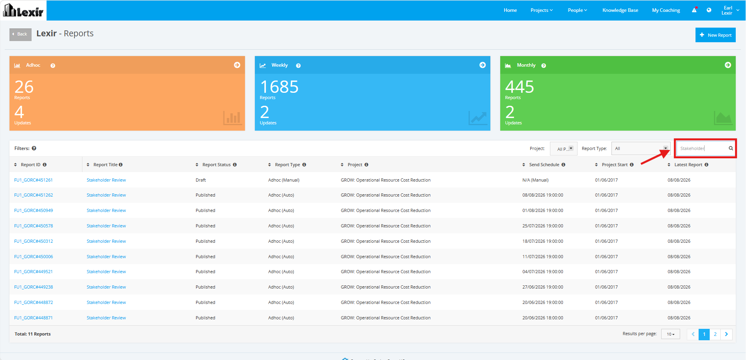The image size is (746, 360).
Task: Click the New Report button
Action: pyautogui.click(x=715, y=35)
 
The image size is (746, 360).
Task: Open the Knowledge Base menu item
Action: pyautogui.click(x=620, y=10)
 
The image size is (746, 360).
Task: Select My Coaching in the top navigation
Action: pyautogui.click(x=666, y=10)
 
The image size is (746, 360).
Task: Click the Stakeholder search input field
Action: pyautogui.click(x=702, y=148)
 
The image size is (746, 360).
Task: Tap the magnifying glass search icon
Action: pyautogui.click(x=731, y=148)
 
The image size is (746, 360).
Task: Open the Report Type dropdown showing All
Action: pyautogui.click(x=641, y=148)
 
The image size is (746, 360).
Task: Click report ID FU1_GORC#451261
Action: pyautogui.click(x=34, y=180)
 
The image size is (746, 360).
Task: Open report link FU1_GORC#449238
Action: pyautogui.click(x=34, y=287)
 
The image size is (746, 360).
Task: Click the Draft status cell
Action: pyautogui.click(x=201, y=180)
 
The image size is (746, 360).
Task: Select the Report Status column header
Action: pyautogui.click(x=216, y=165)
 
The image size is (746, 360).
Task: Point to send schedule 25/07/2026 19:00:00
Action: pyautogui.click(x=543, y=226)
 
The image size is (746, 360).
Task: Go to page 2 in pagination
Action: pyautogui.click(x=715, y=334)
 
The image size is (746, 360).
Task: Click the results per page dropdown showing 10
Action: pyautogui.click(x=671, y=334)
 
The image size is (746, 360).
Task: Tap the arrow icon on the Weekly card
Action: pyautogui.click(x=482, y=65)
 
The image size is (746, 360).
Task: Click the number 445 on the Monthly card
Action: pyautogui.click(x=520, y=87)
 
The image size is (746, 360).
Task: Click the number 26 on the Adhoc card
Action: pyautogui.click(x=24, y=87)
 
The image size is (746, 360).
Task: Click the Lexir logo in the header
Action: pyautogui.click(x=23, y=11)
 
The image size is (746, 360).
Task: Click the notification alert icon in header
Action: pyautogui.click(x=694, y=10)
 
